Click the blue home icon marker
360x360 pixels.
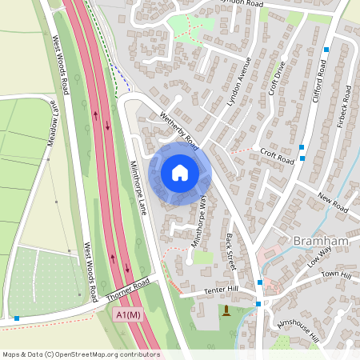[180, 172]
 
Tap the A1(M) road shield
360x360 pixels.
[128, 315]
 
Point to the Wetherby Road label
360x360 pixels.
[178, 128]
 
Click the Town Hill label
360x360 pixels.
[336, 275]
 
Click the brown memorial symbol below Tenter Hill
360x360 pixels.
[226, 310]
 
